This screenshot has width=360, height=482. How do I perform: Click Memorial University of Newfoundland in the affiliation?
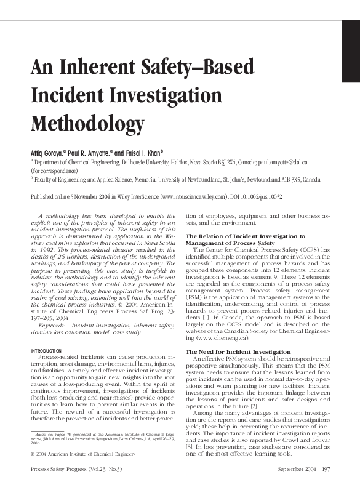click(x=164, y=180)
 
